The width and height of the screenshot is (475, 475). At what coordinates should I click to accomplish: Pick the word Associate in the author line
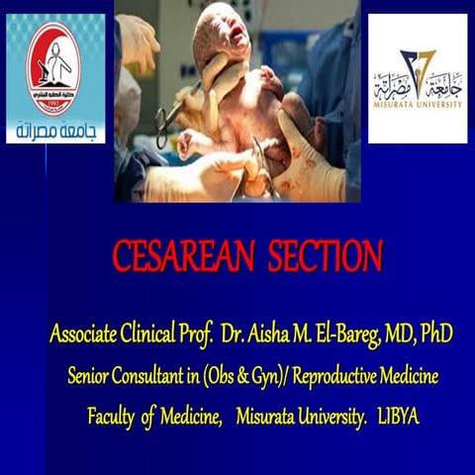pyautogui.click(x=86, y=335)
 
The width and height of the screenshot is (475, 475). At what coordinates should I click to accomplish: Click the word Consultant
pyautogui.click(x=157, y=377)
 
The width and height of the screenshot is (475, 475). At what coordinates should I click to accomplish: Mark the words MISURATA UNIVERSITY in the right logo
pyautogui.click(x=417, y=101)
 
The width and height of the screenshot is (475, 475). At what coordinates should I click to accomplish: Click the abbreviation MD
pyautogui.click(x=403, y=335)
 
